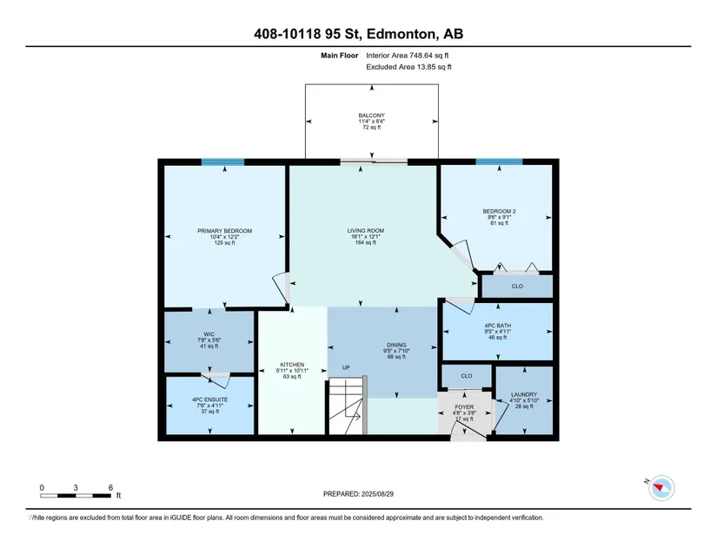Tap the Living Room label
click(x=366, y=231)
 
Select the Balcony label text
click(x=372, y=115)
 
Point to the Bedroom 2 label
click(x=500, y=212)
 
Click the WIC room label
click(x=209, y=334)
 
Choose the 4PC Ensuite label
click(x=210, y=399)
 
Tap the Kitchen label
click(x=292, y=365)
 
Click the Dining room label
click(x=396, y=346)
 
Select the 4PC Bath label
click(x=498, y=326)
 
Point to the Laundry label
click(x=524, y=394)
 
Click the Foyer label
click(x=464, y=407)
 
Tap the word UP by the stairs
click(x=346, y=367)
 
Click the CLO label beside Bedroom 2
click(x=517, y=287)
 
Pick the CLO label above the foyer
click(x=467, y=376)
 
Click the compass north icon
click(x=661, y=488)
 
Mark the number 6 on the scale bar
click(x=110, y=488)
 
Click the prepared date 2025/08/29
click(x=377, y=494)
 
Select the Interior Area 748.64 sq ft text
click(x=408, y=56)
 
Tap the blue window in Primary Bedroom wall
click(x=222, y=162)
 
